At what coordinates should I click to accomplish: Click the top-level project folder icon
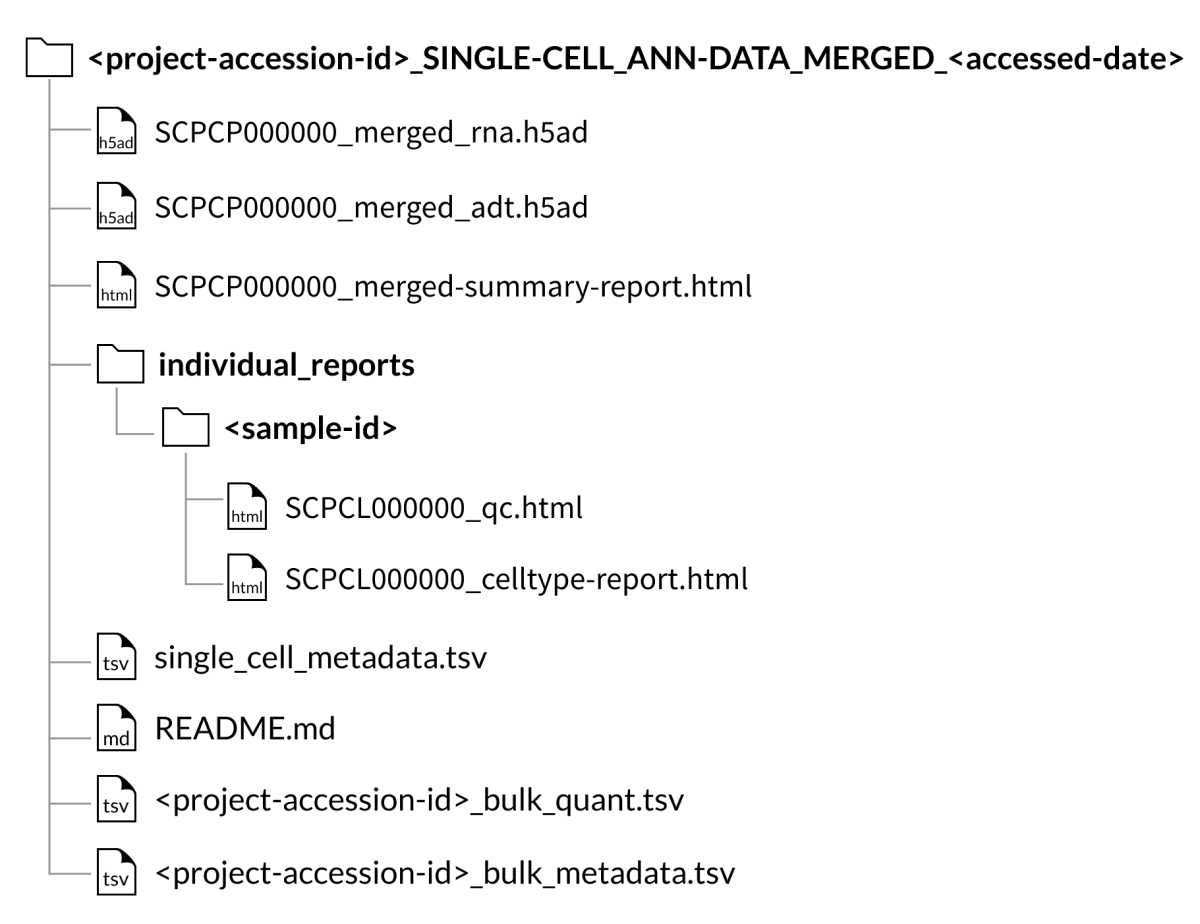(x=49, y=57)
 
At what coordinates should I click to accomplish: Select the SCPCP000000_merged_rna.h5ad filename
(x=371, y=133)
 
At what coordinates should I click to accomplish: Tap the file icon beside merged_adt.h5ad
(x=117, y=206)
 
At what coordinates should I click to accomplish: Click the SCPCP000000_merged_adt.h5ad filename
(x=371, y=208)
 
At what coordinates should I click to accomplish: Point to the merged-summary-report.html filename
(x=453, y=287)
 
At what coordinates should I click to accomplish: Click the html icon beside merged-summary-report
(x=117, y=285)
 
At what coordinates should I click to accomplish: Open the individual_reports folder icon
(x=120, y=364)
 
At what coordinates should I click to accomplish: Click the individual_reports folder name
(x=287, y=365)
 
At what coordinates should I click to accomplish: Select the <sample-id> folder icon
(x=186, y=427)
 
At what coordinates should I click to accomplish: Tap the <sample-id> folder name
(x=311, y=429)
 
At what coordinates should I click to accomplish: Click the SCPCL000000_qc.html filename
(x=434, y=508)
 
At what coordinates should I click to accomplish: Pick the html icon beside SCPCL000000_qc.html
(x=247, y=506)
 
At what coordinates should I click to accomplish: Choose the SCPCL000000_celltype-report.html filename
(x=516, y=580)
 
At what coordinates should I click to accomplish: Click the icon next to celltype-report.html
(x=247, y=577)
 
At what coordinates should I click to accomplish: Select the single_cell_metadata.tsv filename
(x=320, y=658)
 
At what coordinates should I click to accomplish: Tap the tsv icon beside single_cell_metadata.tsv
(x=117, y=656)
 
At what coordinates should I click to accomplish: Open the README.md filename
(x=245, y=729)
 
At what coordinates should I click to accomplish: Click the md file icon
(x=117, y=727)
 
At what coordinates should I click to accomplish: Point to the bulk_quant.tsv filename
(x=419, y=801)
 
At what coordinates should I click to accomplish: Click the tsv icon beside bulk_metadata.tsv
(x=117, y=872)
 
